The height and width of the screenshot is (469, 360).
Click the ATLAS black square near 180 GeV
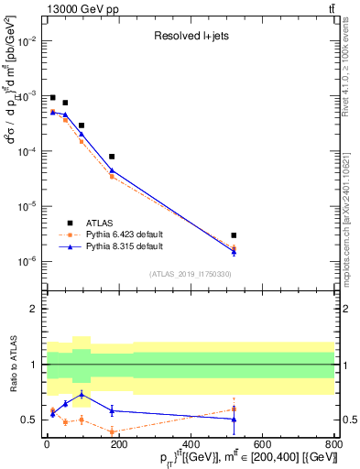point(112,157)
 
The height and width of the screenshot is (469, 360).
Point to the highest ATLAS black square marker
point(52,97)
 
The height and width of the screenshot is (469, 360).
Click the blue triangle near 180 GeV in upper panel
point(112,169)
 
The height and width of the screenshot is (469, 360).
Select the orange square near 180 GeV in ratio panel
point(112,431)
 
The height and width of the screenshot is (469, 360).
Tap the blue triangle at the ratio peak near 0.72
point(82,395)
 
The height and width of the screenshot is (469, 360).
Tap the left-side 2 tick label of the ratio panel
point(33,309)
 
